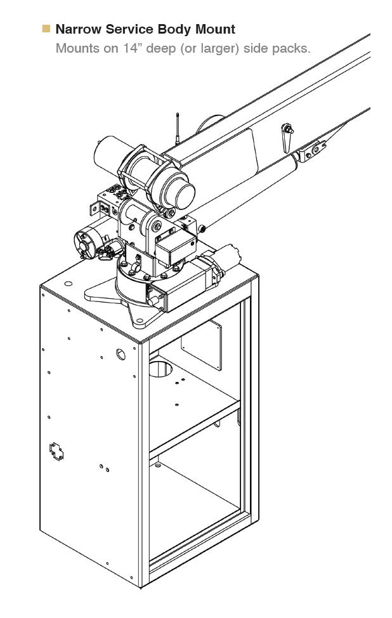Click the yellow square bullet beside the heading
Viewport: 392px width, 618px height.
(46, 29)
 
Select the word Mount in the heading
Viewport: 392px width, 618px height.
(216, 29)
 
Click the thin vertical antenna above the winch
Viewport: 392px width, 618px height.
(178, 129)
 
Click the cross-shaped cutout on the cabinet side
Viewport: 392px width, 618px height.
(56, 452)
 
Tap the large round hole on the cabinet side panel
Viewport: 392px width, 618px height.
(121, 354)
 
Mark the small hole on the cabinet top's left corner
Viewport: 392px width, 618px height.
(68, 284)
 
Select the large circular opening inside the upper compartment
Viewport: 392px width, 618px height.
(160, 368)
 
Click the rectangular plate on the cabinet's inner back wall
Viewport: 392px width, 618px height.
(201, 345)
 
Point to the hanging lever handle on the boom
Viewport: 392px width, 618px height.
(287, 137)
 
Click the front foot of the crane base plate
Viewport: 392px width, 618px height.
(140, 320)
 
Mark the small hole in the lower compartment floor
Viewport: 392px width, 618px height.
(158, 466)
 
